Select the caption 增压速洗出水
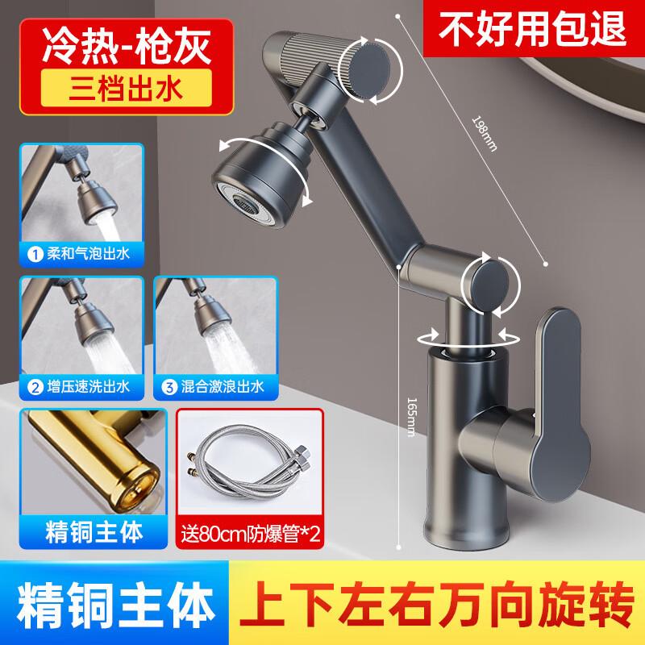coord(87,386)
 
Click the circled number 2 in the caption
coord(35,386)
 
